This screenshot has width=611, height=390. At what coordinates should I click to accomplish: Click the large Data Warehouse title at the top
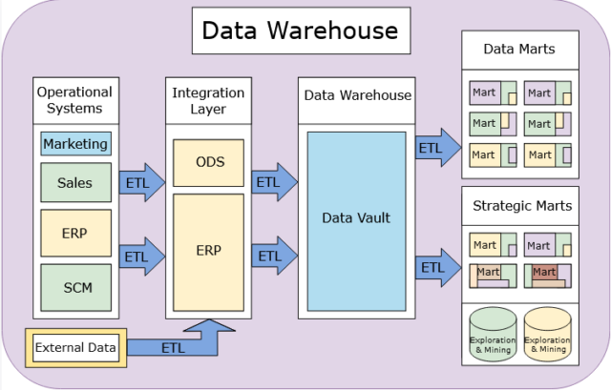tap(301, 31)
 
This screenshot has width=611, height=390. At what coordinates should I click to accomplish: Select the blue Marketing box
tap(75, 144)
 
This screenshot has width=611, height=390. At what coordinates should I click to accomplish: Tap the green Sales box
tap(75, 182)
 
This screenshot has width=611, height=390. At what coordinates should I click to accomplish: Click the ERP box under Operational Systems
tap(75, 234)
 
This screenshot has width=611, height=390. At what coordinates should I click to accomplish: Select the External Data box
tap(74, 348)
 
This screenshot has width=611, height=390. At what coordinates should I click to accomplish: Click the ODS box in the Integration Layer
tap(209, 162)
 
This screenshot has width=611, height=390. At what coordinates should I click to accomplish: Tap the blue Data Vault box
tap(356, 219)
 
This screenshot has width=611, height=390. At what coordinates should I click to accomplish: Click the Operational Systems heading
tap(74, 100)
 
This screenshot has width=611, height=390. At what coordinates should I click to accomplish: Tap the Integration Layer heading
tap(209, 100)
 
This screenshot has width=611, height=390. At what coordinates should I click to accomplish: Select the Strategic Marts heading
tap(522, 205)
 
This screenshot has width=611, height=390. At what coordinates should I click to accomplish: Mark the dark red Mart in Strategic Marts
tap(544, 274)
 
